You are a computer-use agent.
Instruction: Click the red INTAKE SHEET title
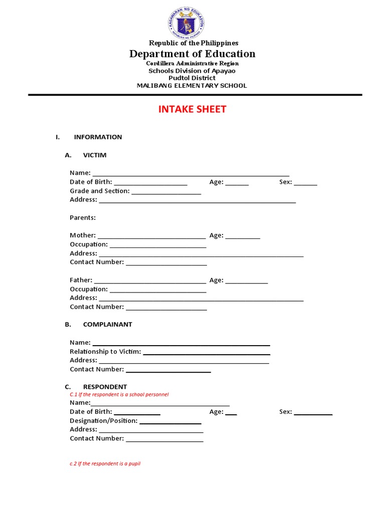tap(192, 109)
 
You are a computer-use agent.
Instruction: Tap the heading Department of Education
tap(192, 54)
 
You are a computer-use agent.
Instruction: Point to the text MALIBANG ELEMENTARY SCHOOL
tap(192, 86)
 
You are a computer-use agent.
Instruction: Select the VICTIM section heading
tap(95, 155)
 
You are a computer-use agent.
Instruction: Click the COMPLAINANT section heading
tap(107, 325)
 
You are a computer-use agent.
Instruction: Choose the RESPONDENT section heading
tap(105, 387)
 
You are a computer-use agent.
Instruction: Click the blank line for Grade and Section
tap(166, 192)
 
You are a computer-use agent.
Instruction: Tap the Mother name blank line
tap(151, 236)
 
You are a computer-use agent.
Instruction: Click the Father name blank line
tap(150, 282)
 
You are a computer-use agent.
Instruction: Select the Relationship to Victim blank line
tap(207, 353)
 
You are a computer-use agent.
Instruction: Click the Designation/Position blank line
tap(170, 422)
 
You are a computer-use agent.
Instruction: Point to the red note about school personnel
tap(119, 395)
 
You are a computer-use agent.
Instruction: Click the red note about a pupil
tap(105, 464)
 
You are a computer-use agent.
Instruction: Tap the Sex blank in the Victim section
tap(305, 183)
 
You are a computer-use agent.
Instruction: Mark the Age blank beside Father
tap(247, 282)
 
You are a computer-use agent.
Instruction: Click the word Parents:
tap(83, 218)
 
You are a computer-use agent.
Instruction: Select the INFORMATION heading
tap(98, 137)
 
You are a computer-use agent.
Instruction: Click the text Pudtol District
tap(192, 78)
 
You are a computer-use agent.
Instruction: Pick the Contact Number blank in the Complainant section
tap(168, 371)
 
